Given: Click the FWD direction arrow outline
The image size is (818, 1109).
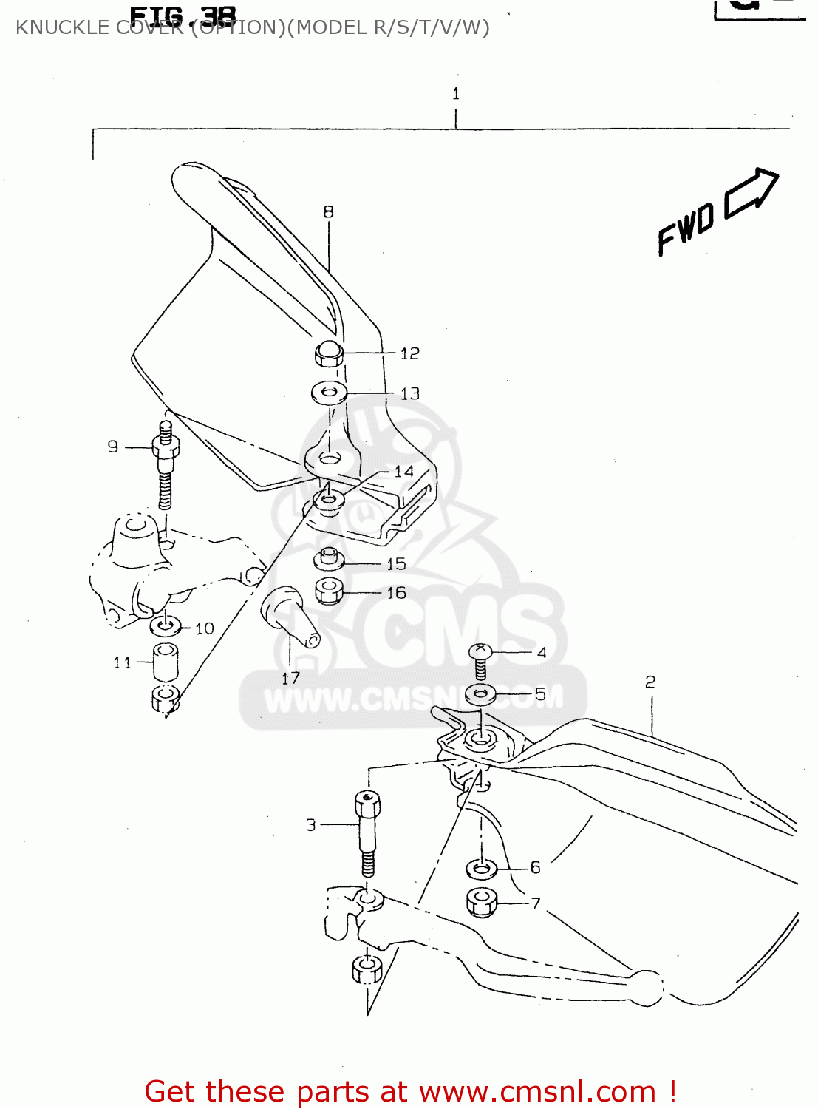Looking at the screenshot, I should click(752, 193).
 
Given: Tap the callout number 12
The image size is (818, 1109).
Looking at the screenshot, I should click(409, 354).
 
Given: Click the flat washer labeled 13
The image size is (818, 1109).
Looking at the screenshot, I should click(330, 392).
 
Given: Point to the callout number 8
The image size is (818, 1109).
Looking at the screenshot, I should click(328, 212).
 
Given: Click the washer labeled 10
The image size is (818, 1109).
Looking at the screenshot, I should click(165, 626).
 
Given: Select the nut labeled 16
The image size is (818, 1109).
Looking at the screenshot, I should click(329, 591).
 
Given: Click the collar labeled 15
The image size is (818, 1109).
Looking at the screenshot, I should click(329, 559).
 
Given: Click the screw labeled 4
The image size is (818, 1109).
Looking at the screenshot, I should click(480, 660).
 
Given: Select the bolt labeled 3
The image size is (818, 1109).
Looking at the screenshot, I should click(367, 831).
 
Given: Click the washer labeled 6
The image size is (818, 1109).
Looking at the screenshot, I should click(481, 868).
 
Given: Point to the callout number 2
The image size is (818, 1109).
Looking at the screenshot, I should click(650, 682).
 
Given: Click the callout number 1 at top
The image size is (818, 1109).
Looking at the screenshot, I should click(456, 94).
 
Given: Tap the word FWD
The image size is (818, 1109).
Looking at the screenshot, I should click(686, 228).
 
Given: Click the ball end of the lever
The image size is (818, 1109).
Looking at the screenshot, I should click(646, 987).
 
